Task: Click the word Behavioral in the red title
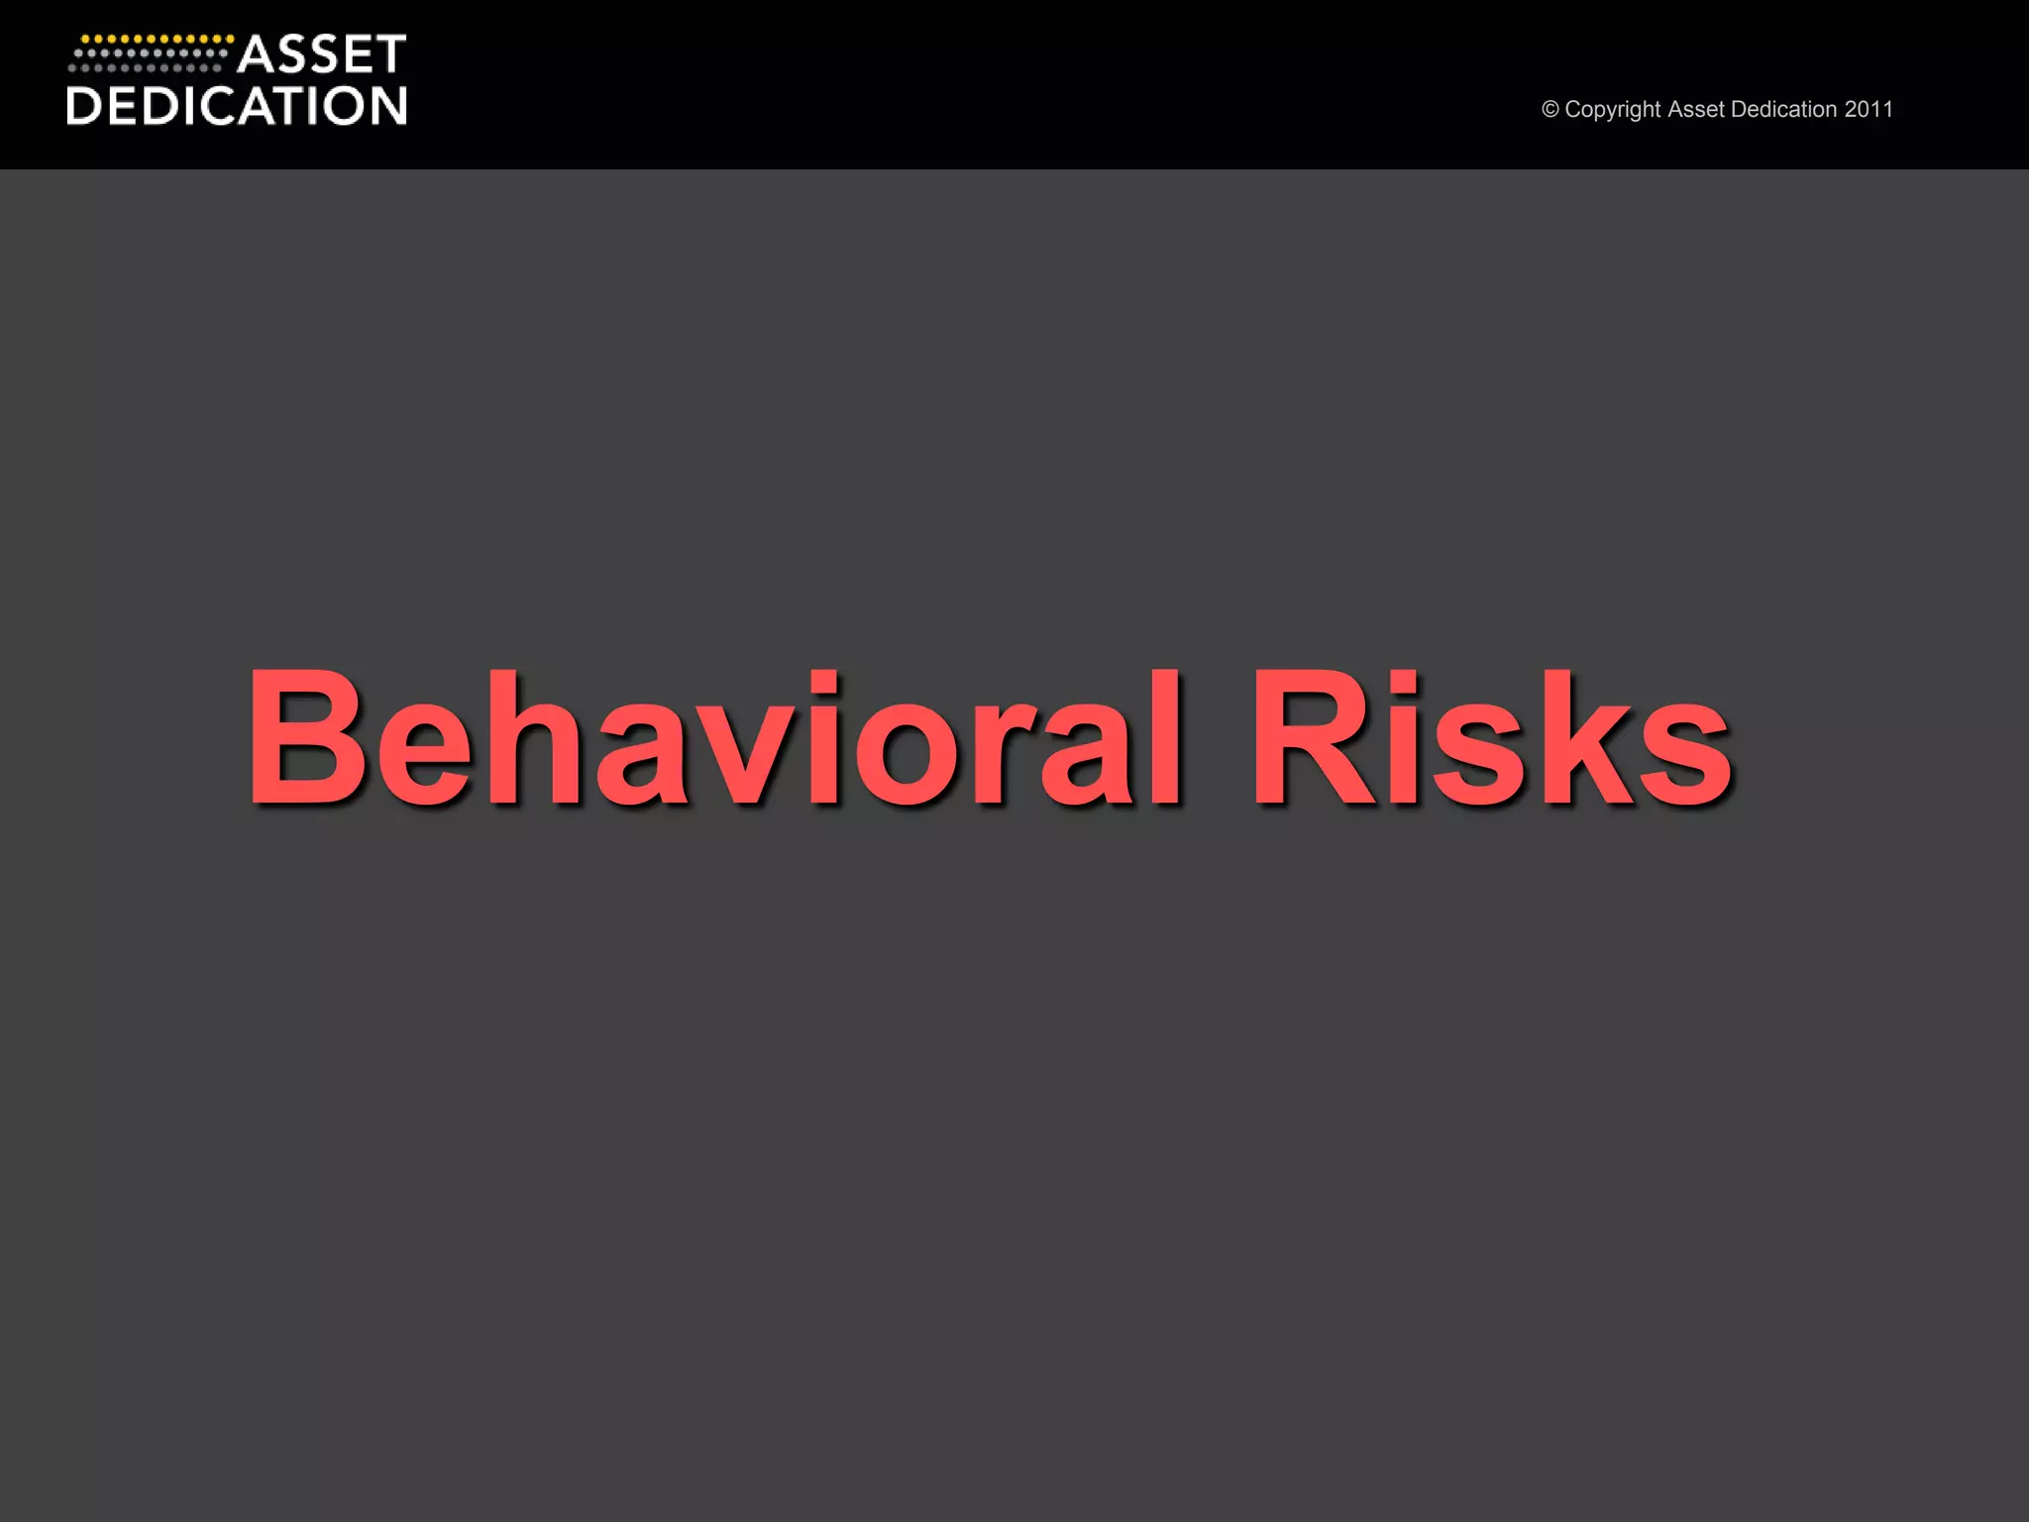[x=713, y=737]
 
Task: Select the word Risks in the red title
[x=1490, y=737]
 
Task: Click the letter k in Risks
[x=1575, y=737]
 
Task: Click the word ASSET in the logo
[x=322, y=54]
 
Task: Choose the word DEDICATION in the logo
[x=237, y=106]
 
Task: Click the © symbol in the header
[x=1550, y=109]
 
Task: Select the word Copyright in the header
[x=1613, y=110]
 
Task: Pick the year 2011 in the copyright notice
[x=1869, y=109]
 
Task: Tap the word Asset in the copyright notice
[x=1696, y=109]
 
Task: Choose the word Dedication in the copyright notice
[x=1783, y=109]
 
